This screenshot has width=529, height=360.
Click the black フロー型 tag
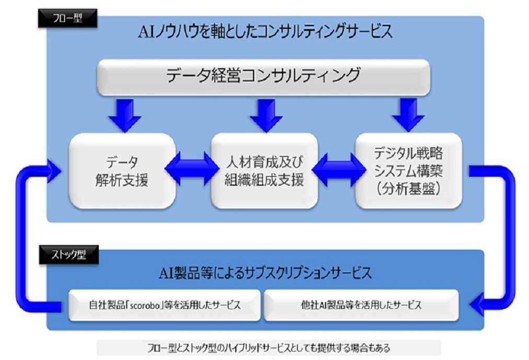67,18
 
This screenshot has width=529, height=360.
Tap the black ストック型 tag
69,254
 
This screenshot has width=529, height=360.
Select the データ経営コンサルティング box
263,77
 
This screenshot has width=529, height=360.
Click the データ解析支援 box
122,171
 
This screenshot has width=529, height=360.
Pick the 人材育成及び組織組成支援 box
264,171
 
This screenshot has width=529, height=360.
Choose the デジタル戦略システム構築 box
409,171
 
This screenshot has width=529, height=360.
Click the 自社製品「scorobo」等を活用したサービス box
165,305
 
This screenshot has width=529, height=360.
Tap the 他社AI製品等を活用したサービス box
361,305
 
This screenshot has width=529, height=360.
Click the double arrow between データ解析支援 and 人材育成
192,169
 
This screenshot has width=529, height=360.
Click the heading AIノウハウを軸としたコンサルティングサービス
266,32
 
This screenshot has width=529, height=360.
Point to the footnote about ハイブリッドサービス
269,348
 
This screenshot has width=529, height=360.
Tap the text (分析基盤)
409,189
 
